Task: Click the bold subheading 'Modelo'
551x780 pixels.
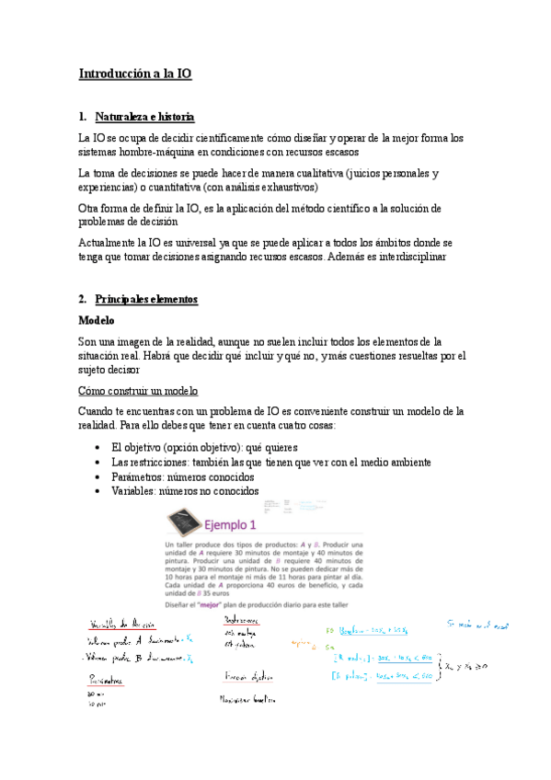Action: [x=97, y=321]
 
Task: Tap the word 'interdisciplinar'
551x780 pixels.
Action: [x=400, y=258]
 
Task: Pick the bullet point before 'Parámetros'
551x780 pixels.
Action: [x=99, y=477]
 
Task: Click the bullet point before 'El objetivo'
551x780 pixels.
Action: [x=99, y=446]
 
